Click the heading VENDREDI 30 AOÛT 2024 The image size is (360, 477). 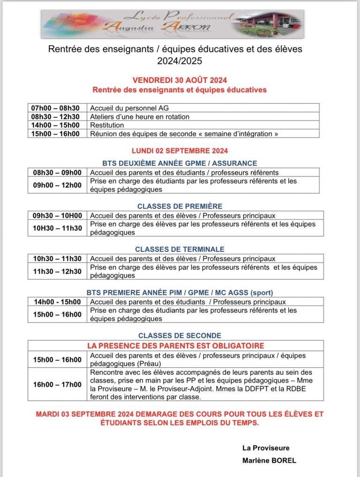click(x=180, y=80)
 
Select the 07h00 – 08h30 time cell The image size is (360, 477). click(x=55, y=108)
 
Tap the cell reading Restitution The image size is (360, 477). click(x=107, y=125)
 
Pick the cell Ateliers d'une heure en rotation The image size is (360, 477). click(x=140, y=117)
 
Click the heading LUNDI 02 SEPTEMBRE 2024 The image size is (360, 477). click(x=180, y=151)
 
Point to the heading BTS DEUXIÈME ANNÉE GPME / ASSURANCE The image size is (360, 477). click(x=180, y=163)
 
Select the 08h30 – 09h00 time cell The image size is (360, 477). click(x=57, y=173)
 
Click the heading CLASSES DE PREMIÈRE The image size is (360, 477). click(x=180, y=206)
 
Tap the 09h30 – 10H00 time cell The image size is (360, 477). click(x=57, y=216)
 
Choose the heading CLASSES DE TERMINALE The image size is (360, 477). click(x=180, y=250)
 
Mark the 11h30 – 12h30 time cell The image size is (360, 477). click(x=57, y=272)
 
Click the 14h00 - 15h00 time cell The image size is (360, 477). click(x=57, y=302)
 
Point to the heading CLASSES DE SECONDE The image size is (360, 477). click(x=180, y=336)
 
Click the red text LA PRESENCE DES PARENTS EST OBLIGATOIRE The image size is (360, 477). click(x=176, y=346)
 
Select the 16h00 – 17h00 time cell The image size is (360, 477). click(x=57, y=385)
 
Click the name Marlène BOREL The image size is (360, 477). click(x=269, y=461)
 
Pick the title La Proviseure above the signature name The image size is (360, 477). click(x=266, y=447)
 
